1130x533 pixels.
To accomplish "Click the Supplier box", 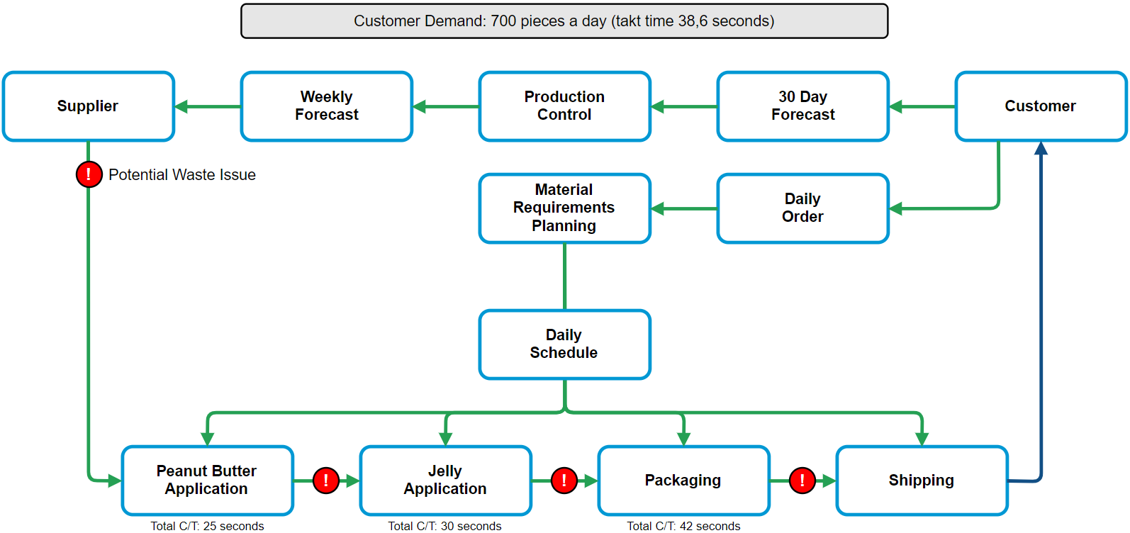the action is point(89,106).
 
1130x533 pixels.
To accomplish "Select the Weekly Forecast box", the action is point(326,106).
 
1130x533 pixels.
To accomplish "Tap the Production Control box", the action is point(564,106).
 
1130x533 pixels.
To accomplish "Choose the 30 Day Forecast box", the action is point(802,106).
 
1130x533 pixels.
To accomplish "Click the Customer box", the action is point(1041,106).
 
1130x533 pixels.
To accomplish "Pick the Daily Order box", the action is point(802,208).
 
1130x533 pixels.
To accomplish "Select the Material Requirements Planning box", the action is point(564,208).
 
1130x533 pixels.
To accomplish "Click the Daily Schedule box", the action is point(564,344).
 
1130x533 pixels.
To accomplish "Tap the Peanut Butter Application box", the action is point(207,481).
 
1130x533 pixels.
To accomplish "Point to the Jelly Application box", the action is point(445,481).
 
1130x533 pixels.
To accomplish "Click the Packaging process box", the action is point(683,481).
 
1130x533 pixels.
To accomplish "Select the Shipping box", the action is point(922,481).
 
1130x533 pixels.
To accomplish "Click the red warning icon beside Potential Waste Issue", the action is point(89,174).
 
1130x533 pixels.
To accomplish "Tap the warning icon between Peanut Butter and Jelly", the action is point(326,481).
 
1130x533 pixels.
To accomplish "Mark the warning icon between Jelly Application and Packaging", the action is point(564,481).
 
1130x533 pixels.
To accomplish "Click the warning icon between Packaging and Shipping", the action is point(802,481).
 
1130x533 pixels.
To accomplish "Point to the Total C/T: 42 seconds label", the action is point(683,526).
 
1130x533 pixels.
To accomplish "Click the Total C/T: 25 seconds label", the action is point(207,526).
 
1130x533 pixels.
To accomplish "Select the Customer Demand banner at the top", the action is point(564,21).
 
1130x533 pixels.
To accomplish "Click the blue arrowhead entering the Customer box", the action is point(1041,148).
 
